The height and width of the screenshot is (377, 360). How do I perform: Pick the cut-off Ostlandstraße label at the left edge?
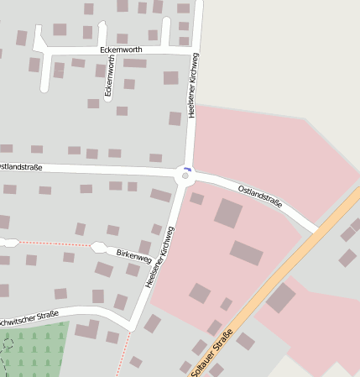[20, 166]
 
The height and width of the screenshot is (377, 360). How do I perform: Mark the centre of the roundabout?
[185, 175]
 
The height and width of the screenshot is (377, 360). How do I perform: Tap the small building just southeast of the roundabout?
[197, 199]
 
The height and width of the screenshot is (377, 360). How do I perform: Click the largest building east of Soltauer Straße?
[281, 297]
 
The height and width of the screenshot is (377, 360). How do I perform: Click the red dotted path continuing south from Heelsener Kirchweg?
[123, 353]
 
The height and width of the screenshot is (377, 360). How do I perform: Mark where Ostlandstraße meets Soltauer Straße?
[316, 229]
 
